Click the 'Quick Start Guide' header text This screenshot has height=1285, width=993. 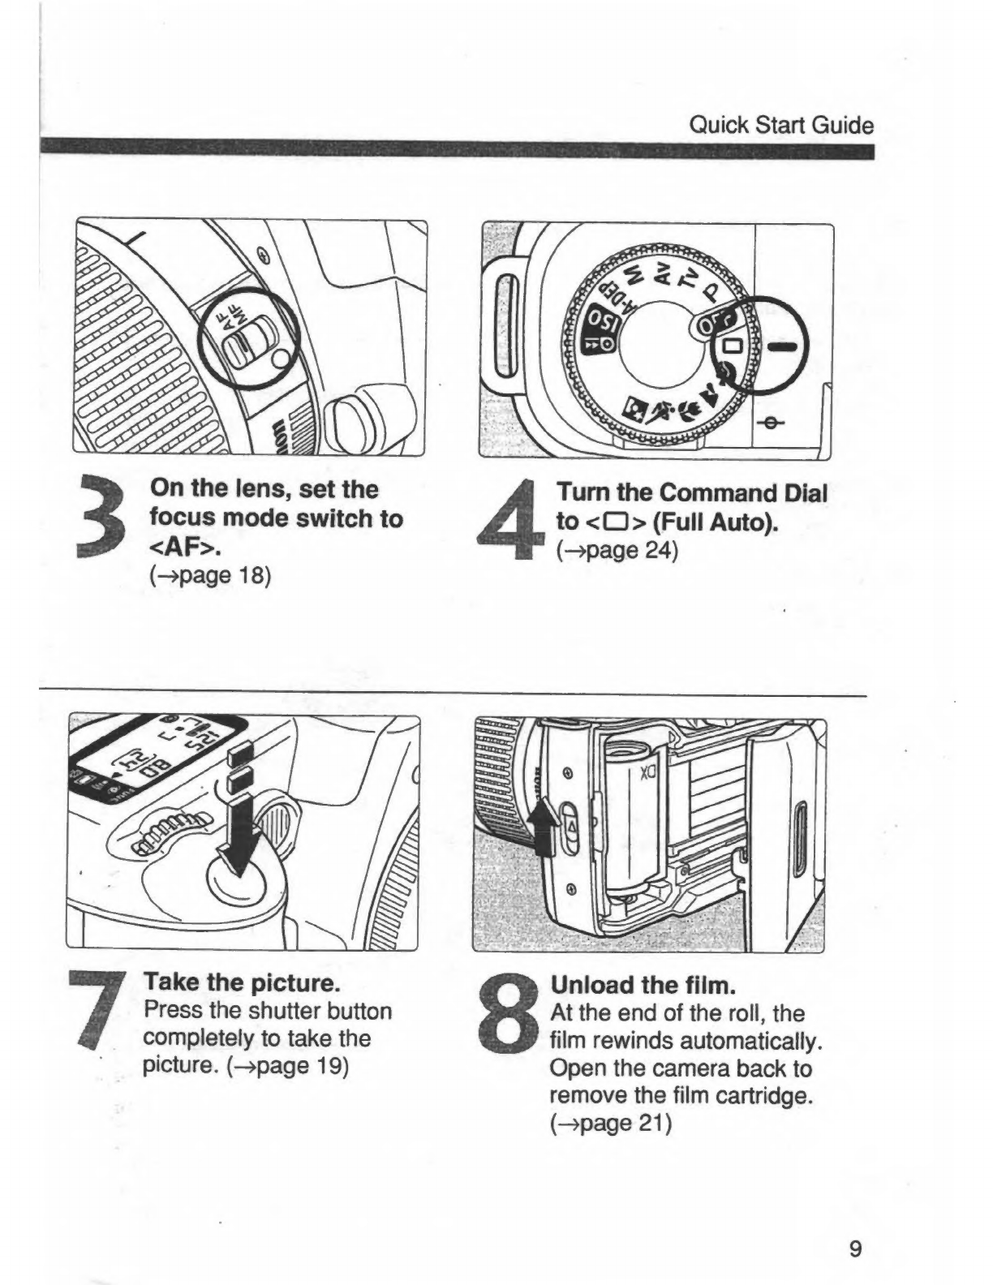[780, 126]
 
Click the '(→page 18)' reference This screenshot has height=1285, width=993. [210, 576]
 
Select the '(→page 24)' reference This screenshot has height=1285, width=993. [616, 550]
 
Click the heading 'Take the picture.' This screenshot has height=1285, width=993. [240, 983]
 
